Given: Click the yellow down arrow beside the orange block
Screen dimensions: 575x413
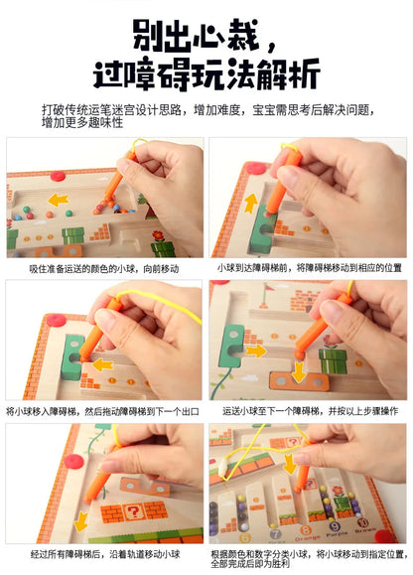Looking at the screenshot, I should [x=300, y=371].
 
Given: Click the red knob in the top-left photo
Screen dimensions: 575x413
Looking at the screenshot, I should [x=58, y=176].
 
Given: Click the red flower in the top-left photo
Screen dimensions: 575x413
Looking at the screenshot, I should [x=157, y=236].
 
